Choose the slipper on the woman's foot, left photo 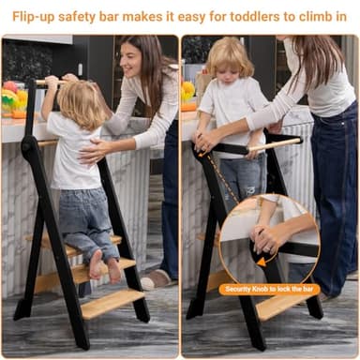pos(157,278)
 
